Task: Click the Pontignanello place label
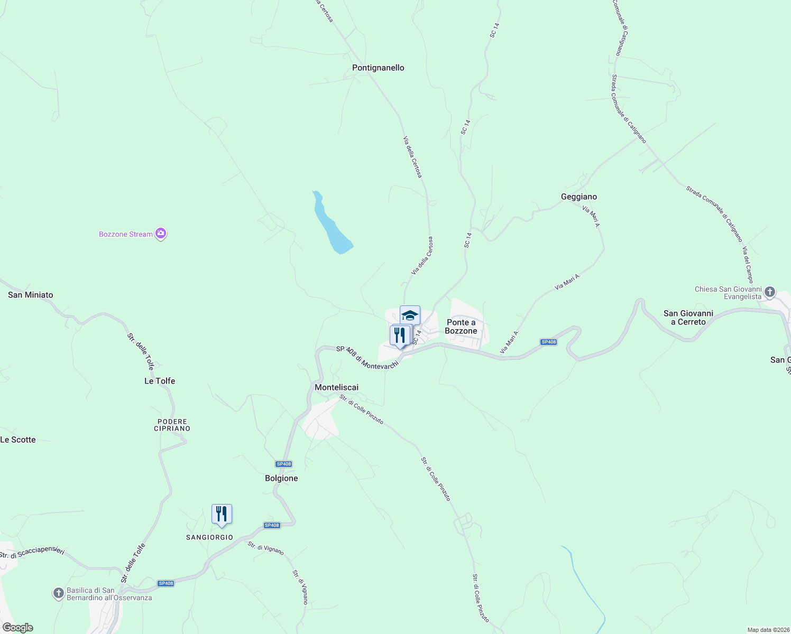[x=378, y=68]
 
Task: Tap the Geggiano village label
[x=578, y=197]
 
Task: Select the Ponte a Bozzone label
[x=461, y=327]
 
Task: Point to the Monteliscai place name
[x=336, y=387]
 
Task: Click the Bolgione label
[x=281, y=478]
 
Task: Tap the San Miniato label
[x=31, y=295]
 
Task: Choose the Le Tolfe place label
[x=160, y=381]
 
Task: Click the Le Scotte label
[x=18, y=440]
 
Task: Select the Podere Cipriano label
[x=172, y=425]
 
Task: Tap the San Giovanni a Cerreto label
[x=688, y=318]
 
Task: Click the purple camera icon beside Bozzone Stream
[x=161, y=234]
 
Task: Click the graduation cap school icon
[x=410, y=315]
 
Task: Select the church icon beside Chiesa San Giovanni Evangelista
[x=770, y=291]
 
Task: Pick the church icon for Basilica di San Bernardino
[x=59, y=593]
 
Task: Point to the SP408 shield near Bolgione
[x=283, y=464]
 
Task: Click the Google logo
[x=18, y=628]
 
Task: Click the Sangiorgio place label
[x=209, y=537]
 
